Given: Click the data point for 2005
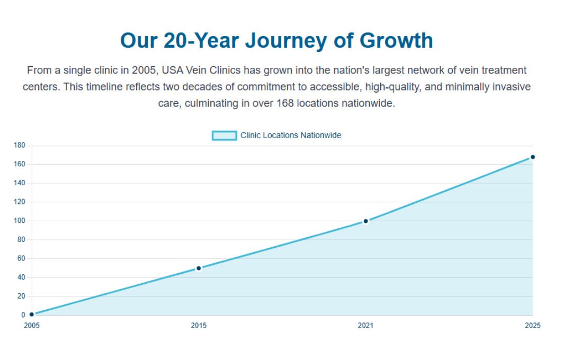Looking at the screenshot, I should click(32, 314).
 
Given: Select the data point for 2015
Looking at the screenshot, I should click(199, 268).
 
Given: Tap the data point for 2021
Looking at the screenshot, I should click(365, 221).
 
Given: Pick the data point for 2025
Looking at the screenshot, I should click(532, 157).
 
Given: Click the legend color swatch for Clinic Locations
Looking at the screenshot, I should click(224, 136).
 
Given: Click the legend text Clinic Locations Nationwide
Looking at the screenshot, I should click(291, 136).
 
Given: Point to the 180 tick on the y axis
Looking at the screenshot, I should click(20, 145).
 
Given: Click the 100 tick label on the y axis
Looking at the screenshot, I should click(20, 221).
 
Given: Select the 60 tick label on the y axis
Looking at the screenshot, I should click(21, 258).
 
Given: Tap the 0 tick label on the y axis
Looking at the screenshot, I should click(23, 315).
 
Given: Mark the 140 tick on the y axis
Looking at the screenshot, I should click(20, 183).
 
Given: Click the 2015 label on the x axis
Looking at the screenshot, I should click(199, 326).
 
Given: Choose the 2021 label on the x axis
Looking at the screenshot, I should click(365, 326).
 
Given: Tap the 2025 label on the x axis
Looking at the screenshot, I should click(532, 326).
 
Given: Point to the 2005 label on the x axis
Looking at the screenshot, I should click(32, 326).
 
